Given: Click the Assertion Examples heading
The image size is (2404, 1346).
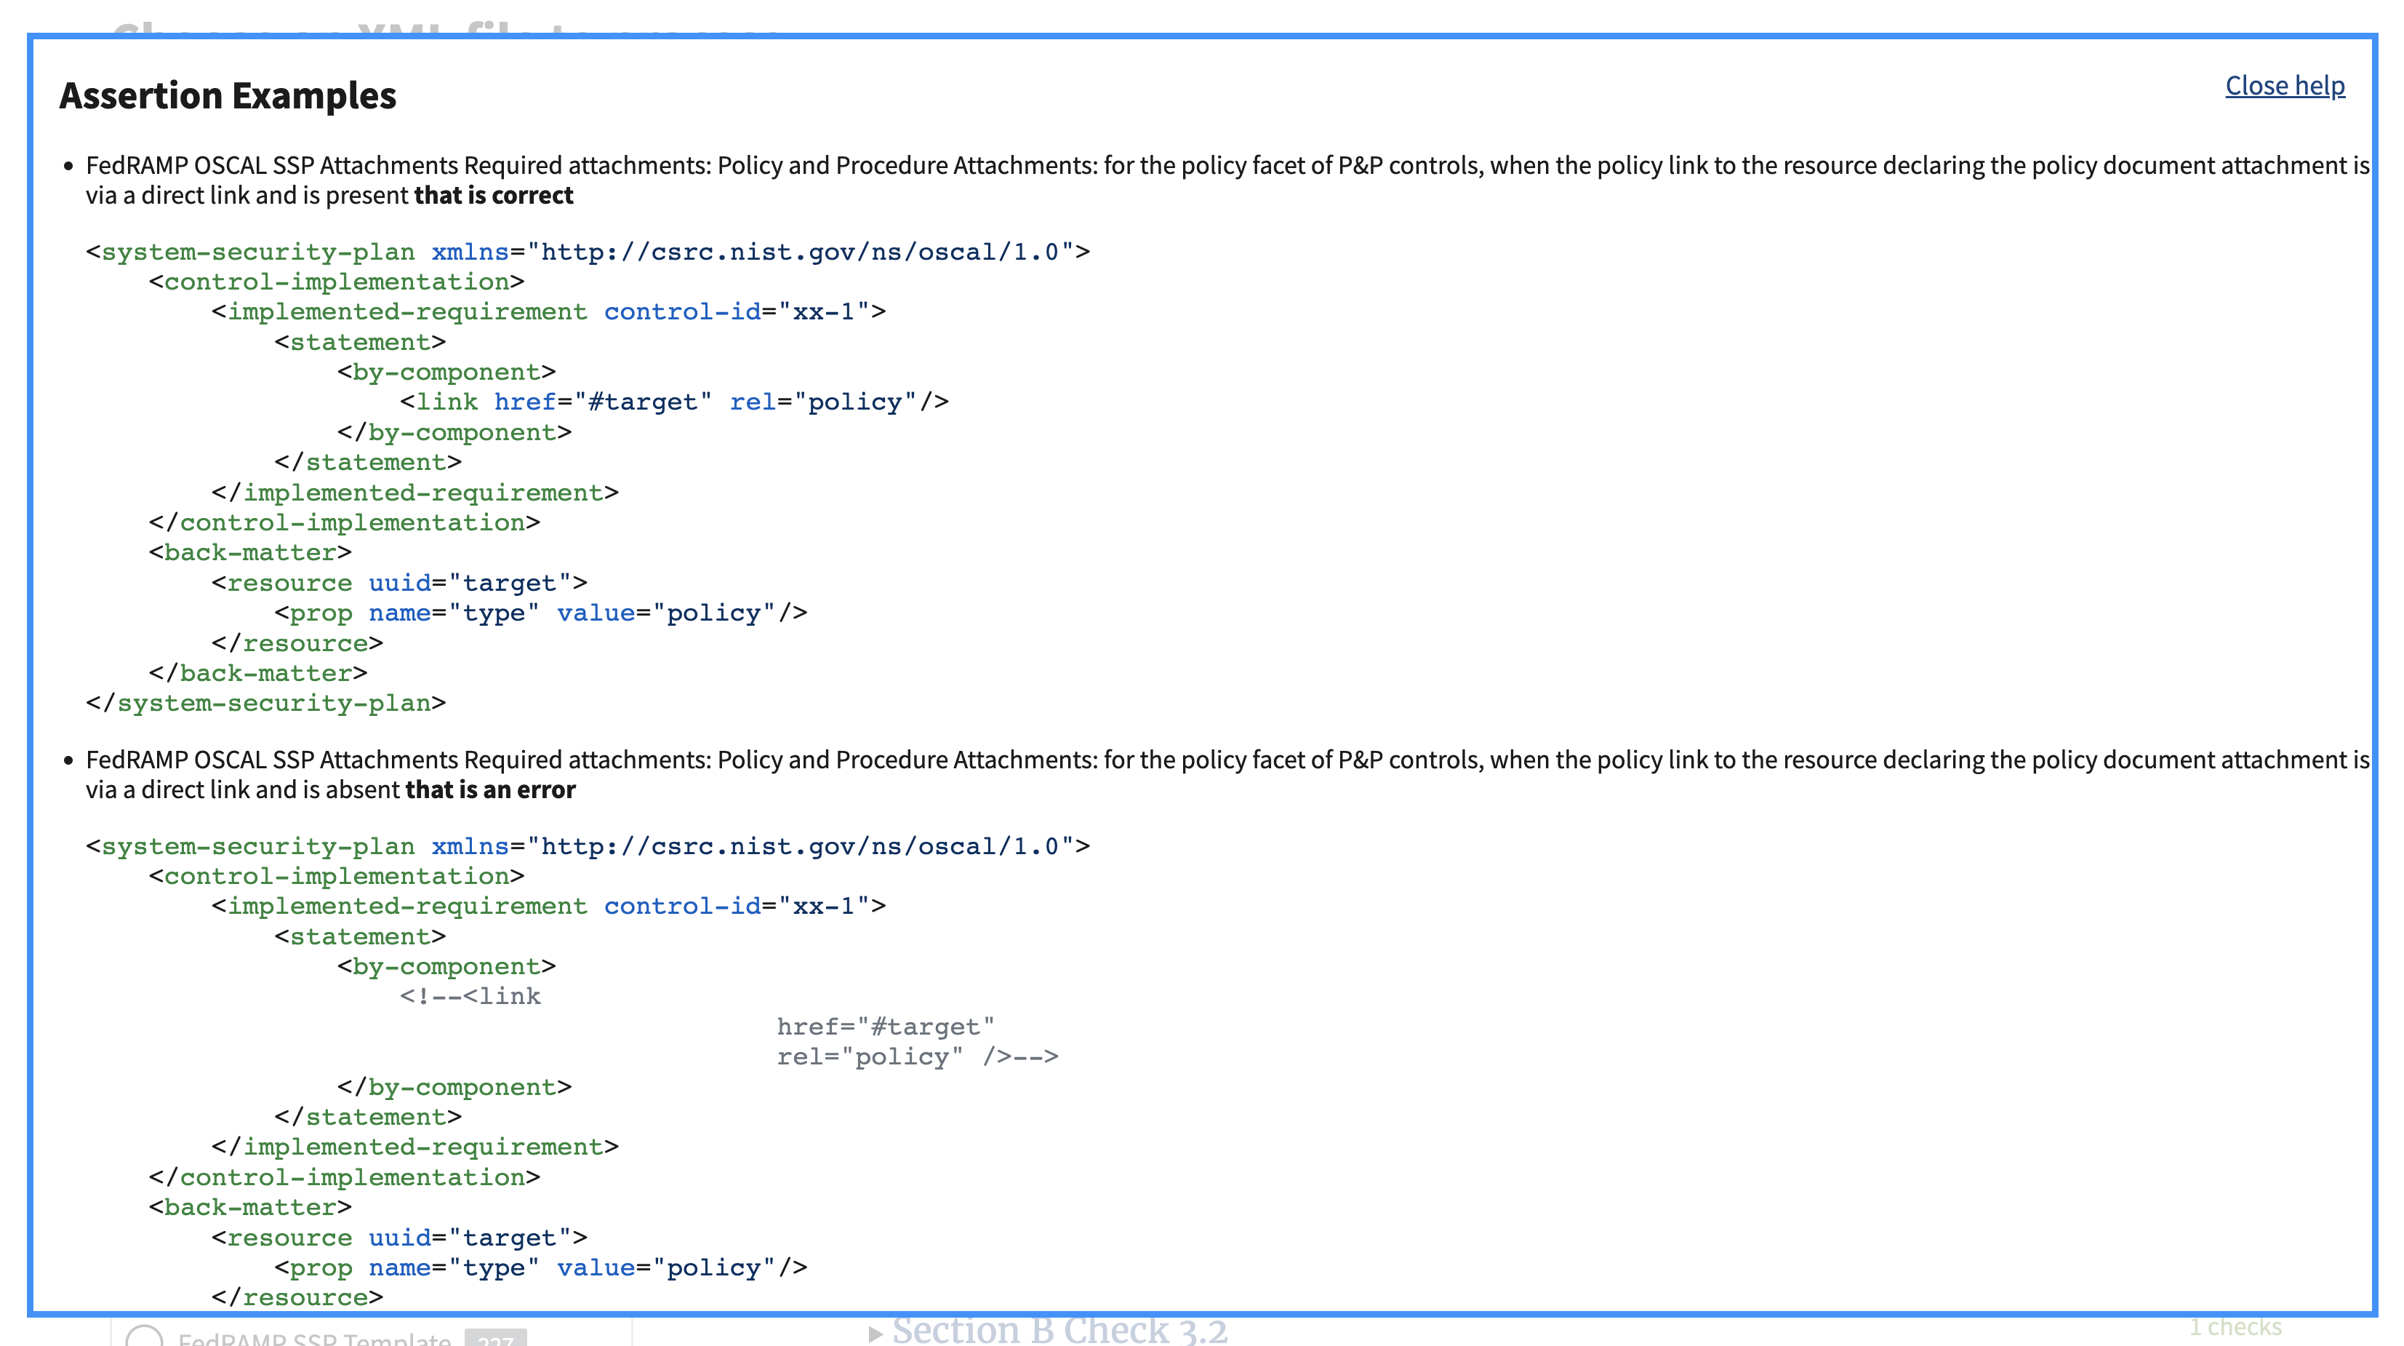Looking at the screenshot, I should click(228, 96).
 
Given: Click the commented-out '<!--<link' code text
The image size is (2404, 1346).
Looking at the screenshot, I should click(470, 997).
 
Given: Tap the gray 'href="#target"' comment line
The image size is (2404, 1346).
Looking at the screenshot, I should click(885, 1027).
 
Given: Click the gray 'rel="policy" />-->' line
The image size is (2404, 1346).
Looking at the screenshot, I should click(916, 1056).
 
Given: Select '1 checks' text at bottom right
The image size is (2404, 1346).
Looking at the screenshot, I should click(2235, 1326).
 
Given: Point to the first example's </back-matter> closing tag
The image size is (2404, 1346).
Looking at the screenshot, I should click(257, 674).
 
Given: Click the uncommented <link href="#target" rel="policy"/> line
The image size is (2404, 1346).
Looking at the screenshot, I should click(674, 402).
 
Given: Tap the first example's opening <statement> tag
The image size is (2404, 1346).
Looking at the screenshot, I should click(359, 343).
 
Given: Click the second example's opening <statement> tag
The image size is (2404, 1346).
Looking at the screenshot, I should click(359, 937).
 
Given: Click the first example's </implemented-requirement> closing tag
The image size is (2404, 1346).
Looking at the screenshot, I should click(414, 493).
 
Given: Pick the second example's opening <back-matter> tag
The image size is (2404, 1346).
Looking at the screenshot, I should click(249, 1208).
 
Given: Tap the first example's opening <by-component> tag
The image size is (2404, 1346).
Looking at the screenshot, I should click(446, 373).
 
